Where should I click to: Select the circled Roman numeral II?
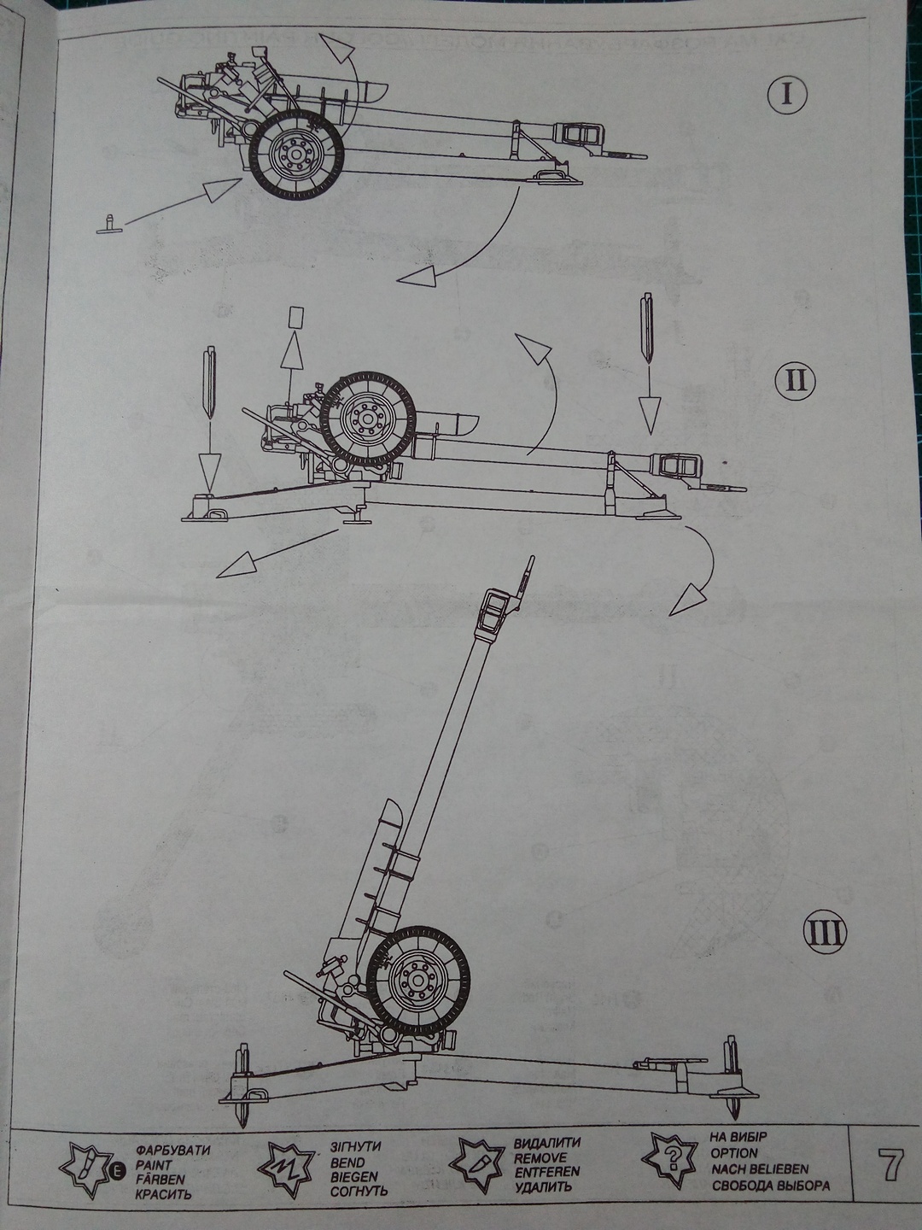click(796, 379)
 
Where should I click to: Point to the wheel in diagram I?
click(295, 155)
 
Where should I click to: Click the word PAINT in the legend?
click(154, 1164)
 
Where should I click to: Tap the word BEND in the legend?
click(347, 1163)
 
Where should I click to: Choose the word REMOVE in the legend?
click(540, 1158)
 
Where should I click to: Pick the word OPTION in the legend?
click(734, 1153)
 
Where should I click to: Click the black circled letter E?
click(119, 1170)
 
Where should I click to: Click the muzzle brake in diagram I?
click(580, 133)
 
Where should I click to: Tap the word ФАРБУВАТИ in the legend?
click(172, 1150)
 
